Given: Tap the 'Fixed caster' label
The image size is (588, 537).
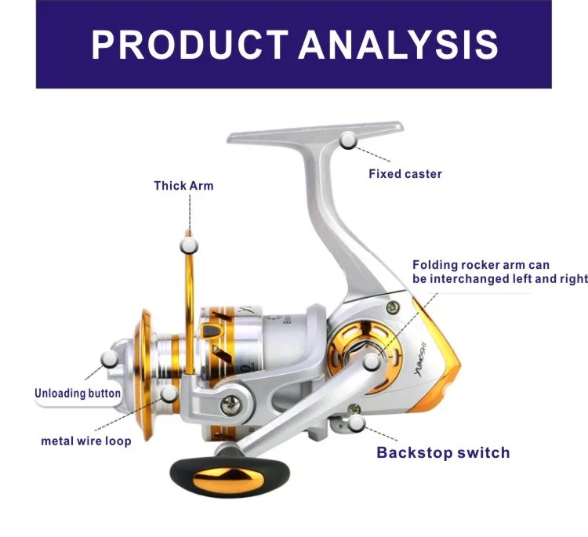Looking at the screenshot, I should click(405, 173).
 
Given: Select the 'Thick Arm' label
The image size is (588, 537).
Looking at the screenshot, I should click(183, 186).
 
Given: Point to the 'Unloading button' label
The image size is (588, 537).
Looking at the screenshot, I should click(78, 393).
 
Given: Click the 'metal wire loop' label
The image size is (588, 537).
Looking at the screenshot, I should click(86, 441).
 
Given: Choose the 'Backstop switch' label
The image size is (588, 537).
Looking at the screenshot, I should click(443, 452).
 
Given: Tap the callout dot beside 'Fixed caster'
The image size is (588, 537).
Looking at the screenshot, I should click(348, 140).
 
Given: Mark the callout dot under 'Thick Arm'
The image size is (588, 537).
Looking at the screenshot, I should click(188, 245).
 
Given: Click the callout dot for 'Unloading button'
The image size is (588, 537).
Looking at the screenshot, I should click(111, 359).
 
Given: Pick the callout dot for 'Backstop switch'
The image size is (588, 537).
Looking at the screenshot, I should click(358, 423).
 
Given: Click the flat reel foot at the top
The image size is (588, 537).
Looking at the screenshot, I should click(314, 134).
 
